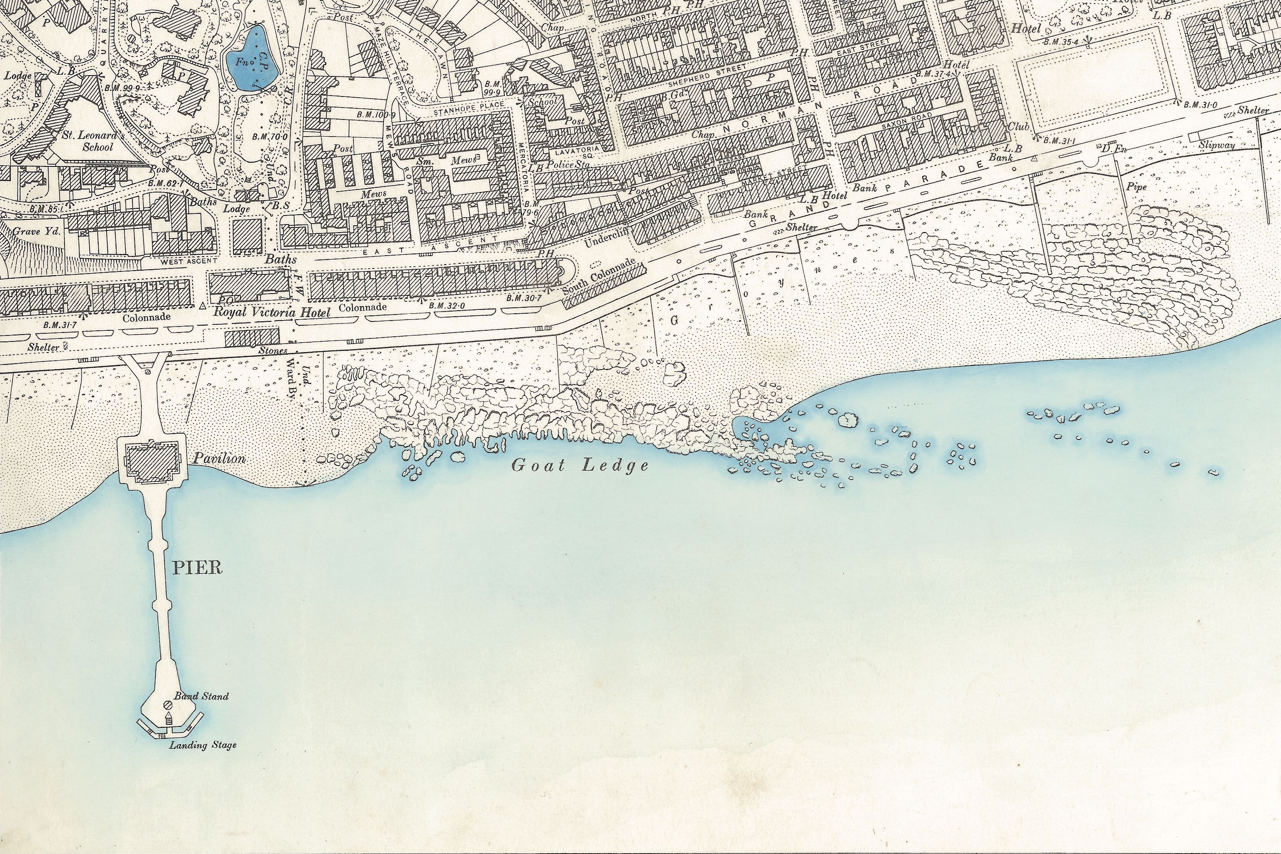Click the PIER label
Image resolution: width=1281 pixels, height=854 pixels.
click(197, 568)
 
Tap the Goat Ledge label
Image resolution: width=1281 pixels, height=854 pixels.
click(580, 466)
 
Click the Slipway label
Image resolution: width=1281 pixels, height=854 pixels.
click(1216, 146)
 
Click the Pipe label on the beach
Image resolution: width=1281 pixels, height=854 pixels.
click(1137, 187)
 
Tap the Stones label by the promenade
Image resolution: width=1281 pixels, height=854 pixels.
click(272, 351)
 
